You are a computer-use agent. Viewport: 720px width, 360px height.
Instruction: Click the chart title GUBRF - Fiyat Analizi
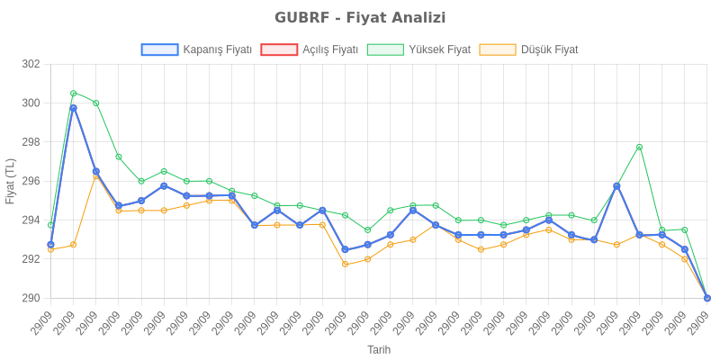pos(360,18)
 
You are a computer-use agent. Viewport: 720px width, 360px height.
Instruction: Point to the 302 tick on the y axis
pos(31,65)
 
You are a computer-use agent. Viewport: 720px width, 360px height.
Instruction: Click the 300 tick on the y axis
pos(31,103)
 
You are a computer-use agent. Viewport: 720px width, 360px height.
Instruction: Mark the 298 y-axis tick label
pos(31,142)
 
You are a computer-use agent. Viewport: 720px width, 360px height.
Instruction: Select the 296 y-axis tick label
pos(31,181)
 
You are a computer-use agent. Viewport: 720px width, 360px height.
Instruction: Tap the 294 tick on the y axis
pos(31,220)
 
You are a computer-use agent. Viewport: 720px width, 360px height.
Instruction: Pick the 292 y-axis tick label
pos(31,259)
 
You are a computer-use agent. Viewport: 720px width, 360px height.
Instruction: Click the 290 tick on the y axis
pos(31,298)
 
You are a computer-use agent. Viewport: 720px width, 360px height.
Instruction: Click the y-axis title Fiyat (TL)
pos(11,181)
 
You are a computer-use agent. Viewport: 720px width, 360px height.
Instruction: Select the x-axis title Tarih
pos(379,349)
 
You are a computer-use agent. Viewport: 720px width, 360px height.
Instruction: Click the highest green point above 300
pos(73,93)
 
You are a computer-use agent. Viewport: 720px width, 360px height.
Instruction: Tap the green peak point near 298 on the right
pos(639,147)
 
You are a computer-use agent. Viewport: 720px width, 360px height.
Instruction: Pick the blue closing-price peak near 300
pos(73,108)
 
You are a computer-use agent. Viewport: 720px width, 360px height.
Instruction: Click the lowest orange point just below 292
pos(345,264)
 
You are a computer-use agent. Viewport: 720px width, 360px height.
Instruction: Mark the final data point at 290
pos(706,298)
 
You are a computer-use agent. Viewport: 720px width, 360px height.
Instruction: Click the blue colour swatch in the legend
pos(159,49)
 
